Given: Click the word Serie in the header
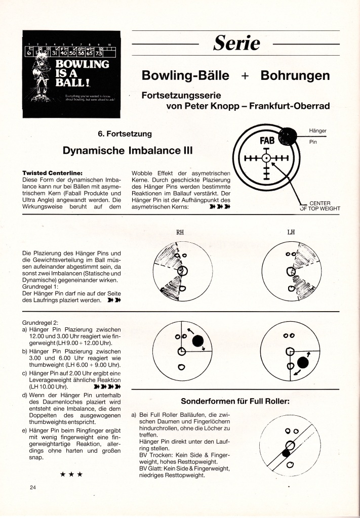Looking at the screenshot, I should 236,44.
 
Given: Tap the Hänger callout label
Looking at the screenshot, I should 317,131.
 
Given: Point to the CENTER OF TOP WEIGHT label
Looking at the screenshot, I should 319,206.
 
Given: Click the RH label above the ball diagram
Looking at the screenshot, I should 180,233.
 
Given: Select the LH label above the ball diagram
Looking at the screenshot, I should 291,233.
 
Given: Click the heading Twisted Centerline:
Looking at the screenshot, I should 53,173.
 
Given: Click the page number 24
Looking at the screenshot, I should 33,488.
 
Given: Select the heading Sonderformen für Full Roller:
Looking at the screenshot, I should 235,402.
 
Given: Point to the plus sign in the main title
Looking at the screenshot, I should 245,76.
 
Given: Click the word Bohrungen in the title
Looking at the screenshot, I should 295,76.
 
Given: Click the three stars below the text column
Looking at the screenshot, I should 71,474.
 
